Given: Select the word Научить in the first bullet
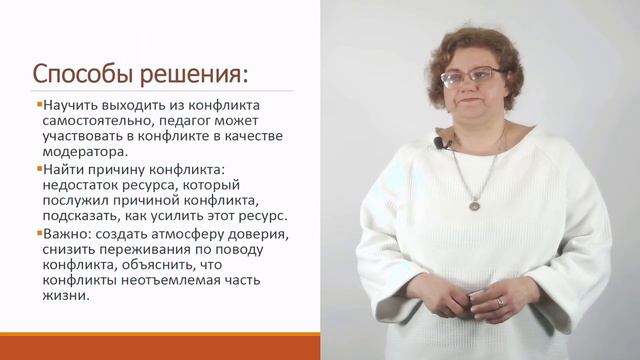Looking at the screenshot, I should pos(71,106).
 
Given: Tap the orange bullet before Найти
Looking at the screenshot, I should pos(38,168).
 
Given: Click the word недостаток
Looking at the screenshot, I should pos(85,185).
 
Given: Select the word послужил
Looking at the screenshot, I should pos(76,200).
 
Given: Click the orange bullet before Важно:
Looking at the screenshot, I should pos(38,232).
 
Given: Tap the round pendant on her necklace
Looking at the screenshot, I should pos(475,205).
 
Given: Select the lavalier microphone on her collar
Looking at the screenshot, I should pos(441,143).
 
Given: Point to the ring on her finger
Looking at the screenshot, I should pos(501,301).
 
